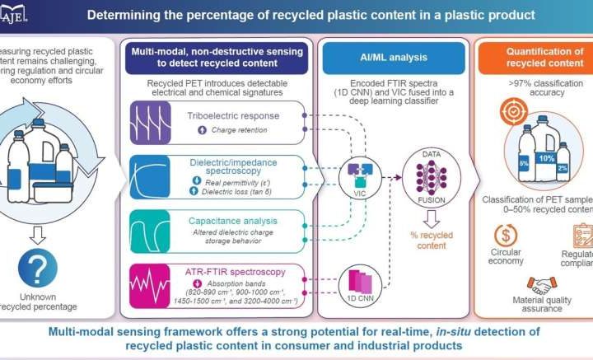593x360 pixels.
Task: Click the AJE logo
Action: coord(16,12)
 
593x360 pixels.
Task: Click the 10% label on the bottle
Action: coord(546,157)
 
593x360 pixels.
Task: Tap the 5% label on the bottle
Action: coord(525,163)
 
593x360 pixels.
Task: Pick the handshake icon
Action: coord(540,284)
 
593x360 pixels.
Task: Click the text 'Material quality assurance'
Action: coord(540,303)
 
